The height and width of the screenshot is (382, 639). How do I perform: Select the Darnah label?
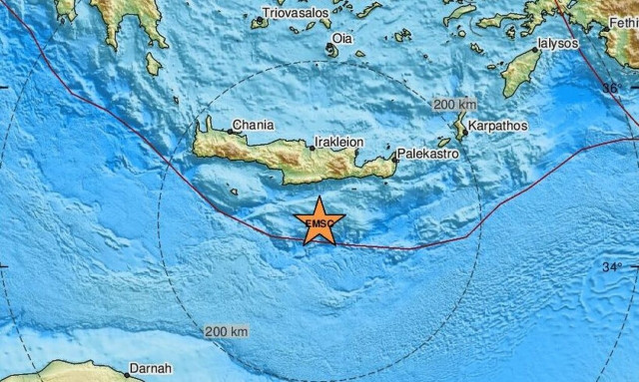155,369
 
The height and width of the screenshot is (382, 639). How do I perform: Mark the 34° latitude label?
612,266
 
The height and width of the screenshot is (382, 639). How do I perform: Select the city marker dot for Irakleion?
313,149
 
